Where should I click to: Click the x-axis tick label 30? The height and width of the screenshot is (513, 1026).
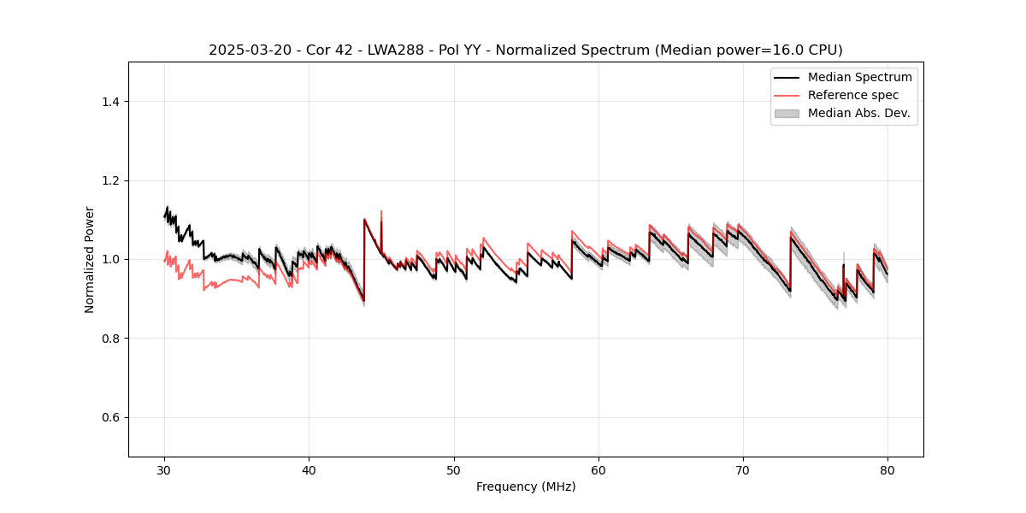[x=164, y=470]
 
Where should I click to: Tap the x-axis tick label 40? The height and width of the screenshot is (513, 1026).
[x=309, y=470]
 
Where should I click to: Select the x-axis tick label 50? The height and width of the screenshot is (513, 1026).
[x=454, y=470]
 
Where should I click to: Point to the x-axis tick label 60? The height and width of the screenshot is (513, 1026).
[x=598, y=470]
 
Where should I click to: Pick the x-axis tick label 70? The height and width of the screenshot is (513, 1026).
[x=743, y=470]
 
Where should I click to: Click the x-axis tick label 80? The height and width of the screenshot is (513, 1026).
[x=887, y=470]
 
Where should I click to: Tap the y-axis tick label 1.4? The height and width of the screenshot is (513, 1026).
[x=110, y=102]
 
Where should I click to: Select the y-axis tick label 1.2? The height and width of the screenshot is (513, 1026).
[x=110, y=180]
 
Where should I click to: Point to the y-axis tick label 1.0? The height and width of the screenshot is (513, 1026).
[x=110, y=259]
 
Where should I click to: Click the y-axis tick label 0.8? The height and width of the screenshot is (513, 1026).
[x=110, y=339]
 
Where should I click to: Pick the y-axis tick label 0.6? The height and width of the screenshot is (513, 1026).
[x=110, y=417]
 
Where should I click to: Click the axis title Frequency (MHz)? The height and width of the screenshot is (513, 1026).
[x=526, y=487]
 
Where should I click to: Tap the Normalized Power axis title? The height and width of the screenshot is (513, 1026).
[x=90, y=259]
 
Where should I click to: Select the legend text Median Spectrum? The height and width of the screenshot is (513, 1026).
[x=859, y=77]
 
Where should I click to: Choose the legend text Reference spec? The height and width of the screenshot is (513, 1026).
[x=853, y=95]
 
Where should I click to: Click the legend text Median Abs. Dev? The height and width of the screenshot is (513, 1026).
[x=858, y=113]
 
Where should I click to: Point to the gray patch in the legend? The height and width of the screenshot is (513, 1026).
[x=787, y=113]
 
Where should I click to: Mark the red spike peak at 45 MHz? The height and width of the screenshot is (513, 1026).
[x=381, y=211]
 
